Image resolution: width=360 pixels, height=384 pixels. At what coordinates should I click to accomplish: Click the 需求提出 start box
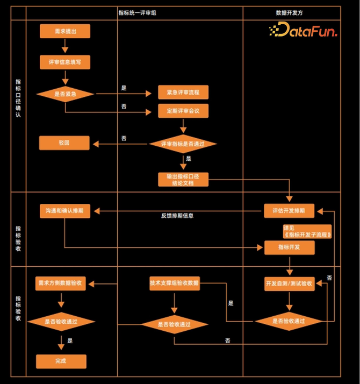pos(65,31)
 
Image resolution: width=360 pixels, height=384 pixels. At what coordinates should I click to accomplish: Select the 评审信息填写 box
pos(65,62)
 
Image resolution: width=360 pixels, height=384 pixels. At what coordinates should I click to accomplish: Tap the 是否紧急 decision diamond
pos(65,94)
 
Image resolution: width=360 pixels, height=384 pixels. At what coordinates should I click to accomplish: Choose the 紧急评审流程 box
pos(183,93)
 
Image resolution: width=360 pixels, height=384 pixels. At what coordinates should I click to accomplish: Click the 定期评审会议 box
pos(183,111)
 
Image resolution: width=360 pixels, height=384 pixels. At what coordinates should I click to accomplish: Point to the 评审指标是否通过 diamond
pos(183,144)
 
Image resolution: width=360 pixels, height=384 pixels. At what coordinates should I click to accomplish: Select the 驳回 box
pos(64,143)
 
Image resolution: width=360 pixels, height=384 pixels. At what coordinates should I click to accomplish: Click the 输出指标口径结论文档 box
pos(183,179)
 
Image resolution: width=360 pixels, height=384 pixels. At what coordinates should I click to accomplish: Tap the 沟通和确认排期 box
pos(65,211)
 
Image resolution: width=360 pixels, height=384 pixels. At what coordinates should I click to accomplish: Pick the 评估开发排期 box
pos(289,211)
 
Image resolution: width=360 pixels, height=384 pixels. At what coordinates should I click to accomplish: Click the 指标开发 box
pos(289,247)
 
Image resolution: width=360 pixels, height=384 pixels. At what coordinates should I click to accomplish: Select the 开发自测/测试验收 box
pos(289,283)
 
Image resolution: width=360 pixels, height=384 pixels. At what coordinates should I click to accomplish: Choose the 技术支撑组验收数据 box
pos(174,283)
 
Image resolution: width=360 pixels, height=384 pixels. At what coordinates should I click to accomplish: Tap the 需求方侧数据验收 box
pos(60,283)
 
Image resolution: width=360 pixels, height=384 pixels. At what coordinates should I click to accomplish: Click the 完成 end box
pos(61,361)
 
